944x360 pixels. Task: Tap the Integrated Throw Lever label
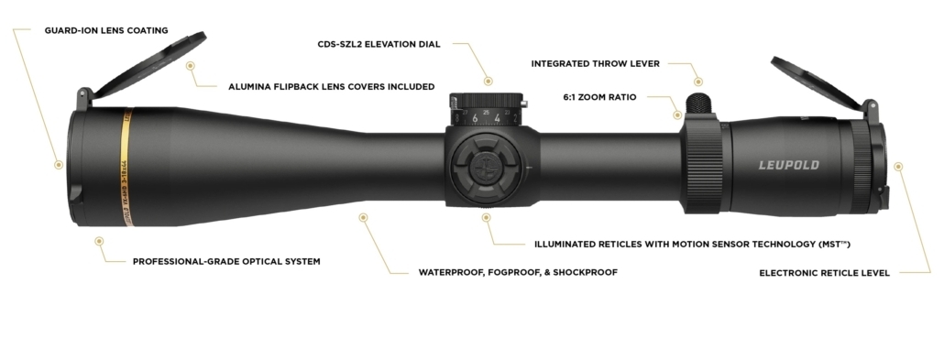coord(596,63)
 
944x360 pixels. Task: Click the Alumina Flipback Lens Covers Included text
coord(331,87)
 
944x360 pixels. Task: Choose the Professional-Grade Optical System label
coord(226,261)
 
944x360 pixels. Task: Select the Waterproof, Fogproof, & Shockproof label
coord(518,272)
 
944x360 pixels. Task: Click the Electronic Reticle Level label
coord(824,272)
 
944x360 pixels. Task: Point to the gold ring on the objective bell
coord(125,165)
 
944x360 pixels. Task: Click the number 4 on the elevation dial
coord(497,118)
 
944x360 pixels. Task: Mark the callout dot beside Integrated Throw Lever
coord(697,82)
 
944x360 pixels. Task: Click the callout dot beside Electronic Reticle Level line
coord(898,167)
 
